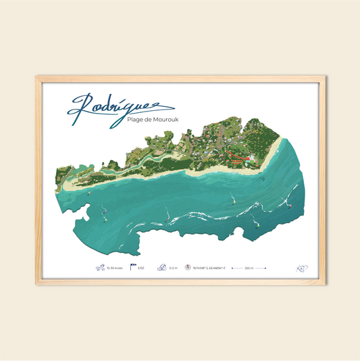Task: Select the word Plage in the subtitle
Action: click(x=136, y=120)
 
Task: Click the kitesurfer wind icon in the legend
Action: click(x=100, y=268)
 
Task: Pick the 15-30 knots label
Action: click(x=115, y=268)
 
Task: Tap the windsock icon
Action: click(x=133, y=268)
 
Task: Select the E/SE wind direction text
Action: click(x=141, y=268)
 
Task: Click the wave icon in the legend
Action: click(x=161, y=268)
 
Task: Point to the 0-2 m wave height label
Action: click(x=174, y=268)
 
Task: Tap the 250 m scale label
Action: click(x=249, y=268)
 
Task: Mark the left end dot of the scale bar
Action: click(x=232, y=268)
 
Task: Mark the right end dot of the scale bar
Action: click(x=265, y=268)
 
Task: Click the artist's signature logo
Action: click(x=301, y=268)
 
